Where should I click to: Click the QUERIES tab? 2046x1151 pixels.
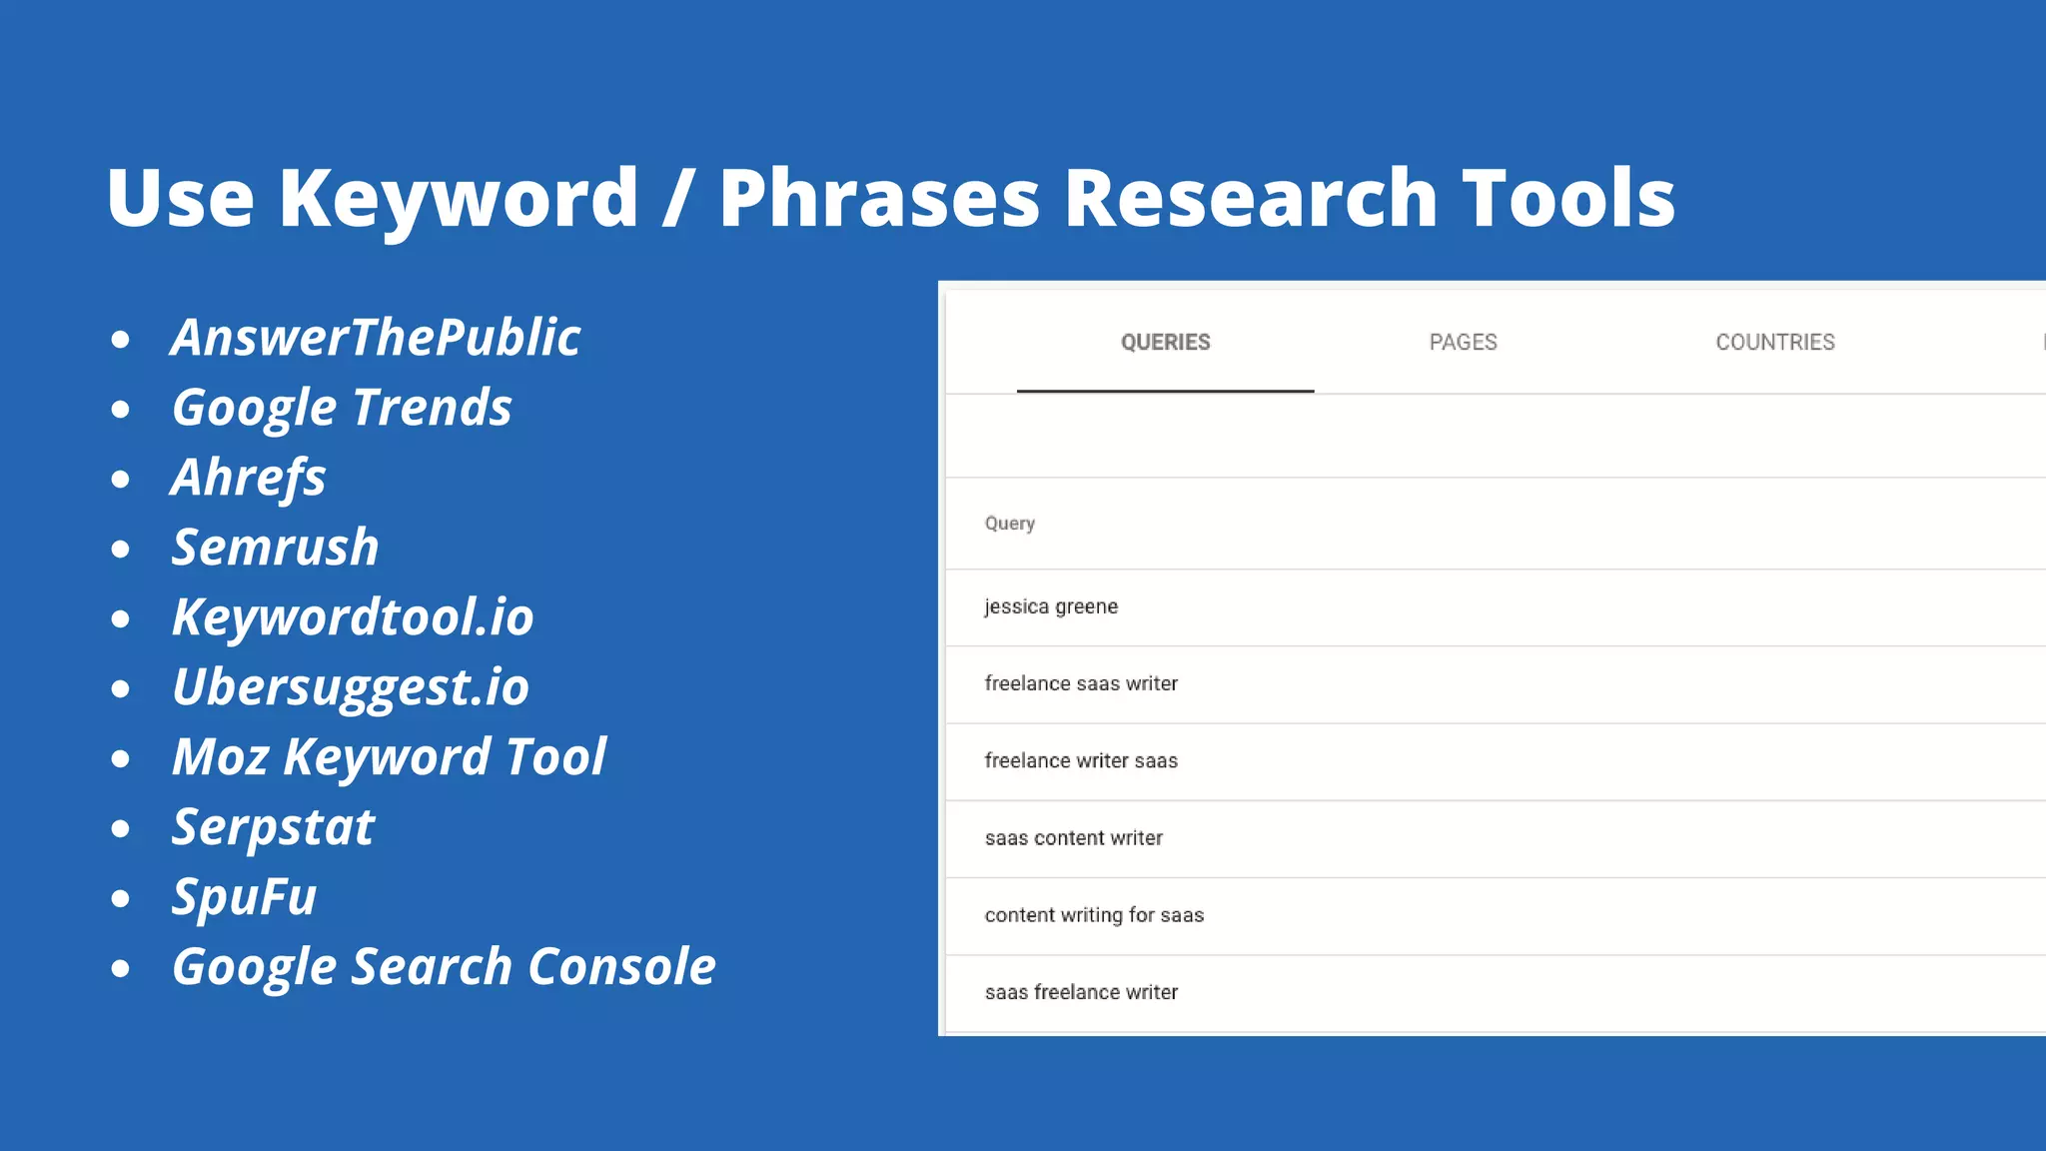(x=1165, y=343)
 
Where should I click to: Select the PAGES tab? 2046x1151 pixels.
(x=1463, y=343)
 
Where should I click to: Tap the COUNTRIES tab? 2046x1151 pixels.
(x=1774, y=343)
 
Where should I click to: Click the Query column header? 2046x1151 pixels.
(x=1009, y=524)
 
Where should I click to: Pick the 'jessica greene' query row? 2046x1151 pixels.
(x=1051, y=606)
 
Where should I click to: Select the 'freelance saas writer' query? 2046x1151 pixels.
(x=1081, y=683)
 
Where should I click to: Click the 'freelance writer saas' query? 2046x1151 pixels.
(x=1081, y=761)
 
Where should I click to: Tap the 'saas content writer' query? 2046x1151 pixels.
(x=1074, y=838)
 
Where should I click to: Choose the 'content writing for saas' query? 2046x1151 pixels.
(x=1094, y=915)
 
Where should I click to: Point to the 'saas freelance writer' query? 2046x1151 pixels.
(x=1081, y=992)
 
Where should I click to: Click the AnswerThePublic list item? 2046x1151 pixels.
(x=376, y=338)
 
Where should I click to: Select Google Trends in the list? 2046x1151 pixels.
(x=342, y=408)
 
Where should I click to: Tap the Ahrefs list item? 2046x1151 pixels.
(x=249, y=478)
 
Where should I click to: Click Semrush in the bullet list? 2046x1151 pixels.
(x=276, y=548)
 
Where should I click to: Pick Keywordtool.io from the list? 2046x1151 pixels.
(x=353, y=617)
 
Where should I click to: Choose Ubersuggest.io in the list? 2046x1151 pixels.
(x=351, y=687)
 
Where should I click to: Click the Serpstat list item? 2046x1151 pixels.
(x=273, y=827)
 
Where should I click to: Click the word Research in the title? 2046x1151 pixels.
(x=1250, y=198)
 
